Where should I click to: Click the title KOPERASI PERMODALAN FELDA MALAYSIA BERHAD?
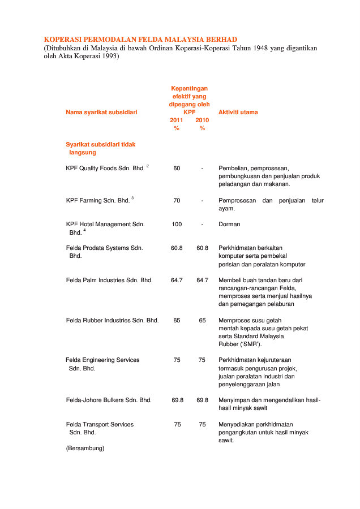pyautogui.click(x=140, y=40)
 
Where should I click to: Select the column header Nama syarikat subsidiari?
pyautogui.click(x=101, y=113)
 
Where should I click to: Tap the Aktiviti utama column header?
pyautogui.click(x=238, y=113)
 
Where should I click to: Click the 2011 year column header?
pyautogui.click(x=177, y=120)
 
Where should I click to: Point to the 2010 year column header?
pyautogui.click(x=202, y=120)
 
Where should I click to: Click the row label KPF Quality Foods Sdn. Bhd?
pyautogui.click(x=105, y=168)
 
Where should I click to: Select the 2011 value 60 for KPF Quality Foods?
pyautogui.click(x=177, y=168)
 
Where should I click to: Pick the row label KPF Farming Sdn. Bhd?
pyautogui.click(x=97, y=200)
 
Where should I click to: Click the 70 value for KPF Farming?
pyautogui.click(x=177, y=200)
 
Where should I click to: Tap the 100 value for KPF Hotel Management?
pyautogui.click(x=177, y=225)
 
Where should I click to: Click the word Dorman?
pyautogui.click(x=229, y=225)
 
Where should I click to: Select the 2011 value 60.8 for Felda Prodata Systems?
pyautogui.click(x=177, y=248)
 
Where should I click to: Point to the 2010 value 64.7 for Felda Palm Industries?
pyautogui.click(x=202, y=280)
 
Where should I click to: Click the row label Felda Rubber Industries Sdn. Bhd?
pyautogui.click(x=112, y=320)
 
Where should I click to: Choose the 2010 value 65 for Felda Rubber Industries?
pyautogui.click(x=202, y=320)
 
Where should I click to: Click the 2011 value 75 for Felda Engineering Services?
pyautogui.click(x=177, y=360)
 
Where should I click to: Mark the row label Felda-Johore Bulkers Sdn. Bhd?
pyautogui.click(x=109, y=400)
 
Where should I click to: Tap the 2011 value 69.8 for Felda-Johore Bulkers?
pyautogui.click(x=177, y=400)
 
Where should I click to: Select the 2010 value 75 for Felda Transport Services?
pyautogui.click(x=202, y=424)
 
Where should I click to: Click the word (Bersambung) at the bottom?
pyautogui.click(x=85, y=448)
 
